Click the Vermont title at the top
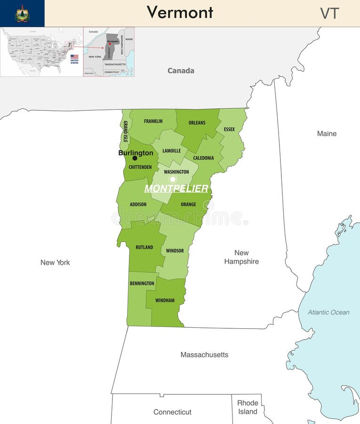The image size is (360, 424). coord(180,12)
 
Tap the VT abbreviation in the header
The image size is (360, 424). coord(329,13)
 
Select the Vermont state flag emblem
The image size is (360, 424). coord(22,13)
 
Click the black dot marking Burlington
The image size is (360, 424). coord(135,158)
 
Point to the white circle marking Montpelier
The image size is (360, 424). coord(173,179)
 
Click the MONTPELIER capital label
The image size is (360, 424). coord(176,188)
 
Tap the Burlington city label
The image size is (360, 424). coord(136,153)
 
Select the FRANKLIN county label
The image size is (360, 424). coord(153,122)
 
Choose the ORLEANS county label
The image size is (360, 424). coord(197,123)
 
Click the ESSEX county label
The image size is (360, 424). coord(229,130)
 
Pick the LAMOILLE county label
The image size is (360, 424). coord(171,151)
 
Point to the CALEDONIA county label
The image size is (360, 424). coord(203,158)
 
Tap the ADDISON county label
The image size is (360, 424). coord(138,204)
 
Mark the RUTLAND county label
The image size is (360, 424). coord(144,247)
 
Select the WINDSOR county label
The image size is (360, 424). coord(175,251)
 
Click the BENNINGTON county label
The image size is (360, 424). coord(142,284)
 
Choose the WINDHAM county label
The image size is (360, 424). coord(165,301)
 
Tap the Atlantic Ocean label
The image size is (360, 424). coord(328,312)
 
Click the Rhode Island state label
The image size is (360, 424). coord(248,408)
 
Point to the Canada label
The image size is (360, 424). coord(181,71)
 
